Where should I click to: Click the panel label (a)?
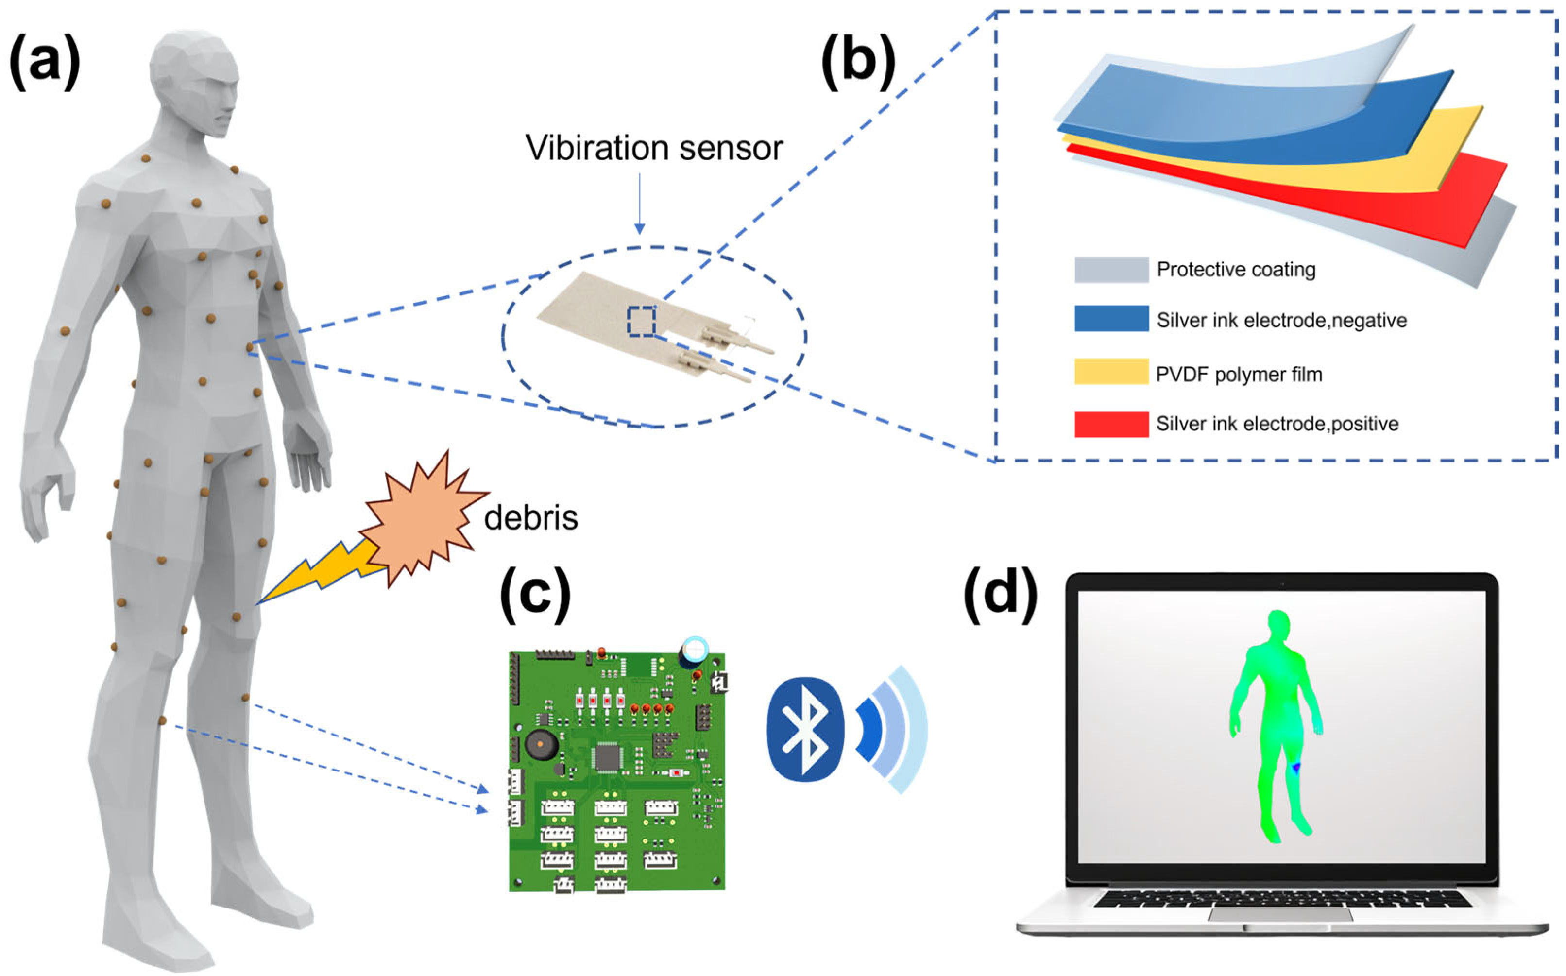pos(45,62)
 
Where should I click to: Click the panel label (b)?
pos(858,62)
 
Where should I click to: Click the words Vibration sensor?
pos(654,148)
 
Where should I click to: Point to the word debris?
pos(530,518)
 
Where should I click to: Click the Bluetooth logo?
pos(805,729)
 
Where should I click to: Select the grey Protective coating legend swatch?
pos(1111,270)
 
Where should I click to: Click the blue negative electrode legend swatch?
pos(1111,319)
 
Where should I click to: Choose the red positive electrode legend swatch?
pos(1111,424)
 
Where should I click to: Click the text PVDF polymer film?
pos(1239,375)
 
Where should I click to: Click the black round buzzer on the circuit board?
pos(541,746)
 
